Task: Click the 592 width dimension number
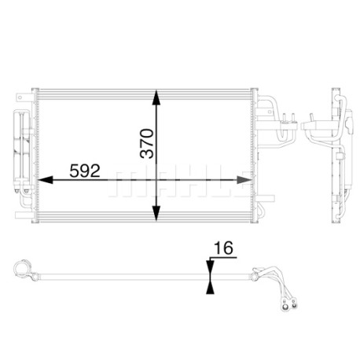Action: pyautogui.click(x=85, y=171)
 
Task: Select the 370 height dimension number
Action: pyautogui.click(x=147, y=143)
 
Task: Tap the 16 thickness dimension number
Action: pyautogui.click(x=223, y=248)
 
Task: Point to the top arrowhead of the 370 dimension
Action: pyautogui.click(x=156, y=98)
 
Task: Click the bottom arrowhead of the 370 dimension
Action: pyautogui.click(x=156, y=213)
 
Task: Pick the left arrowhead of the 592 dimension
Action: pyautogui.click(x=46, y=180)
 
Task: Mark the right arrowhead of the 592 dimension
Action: pyautogui.click(x=244, y=180)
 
